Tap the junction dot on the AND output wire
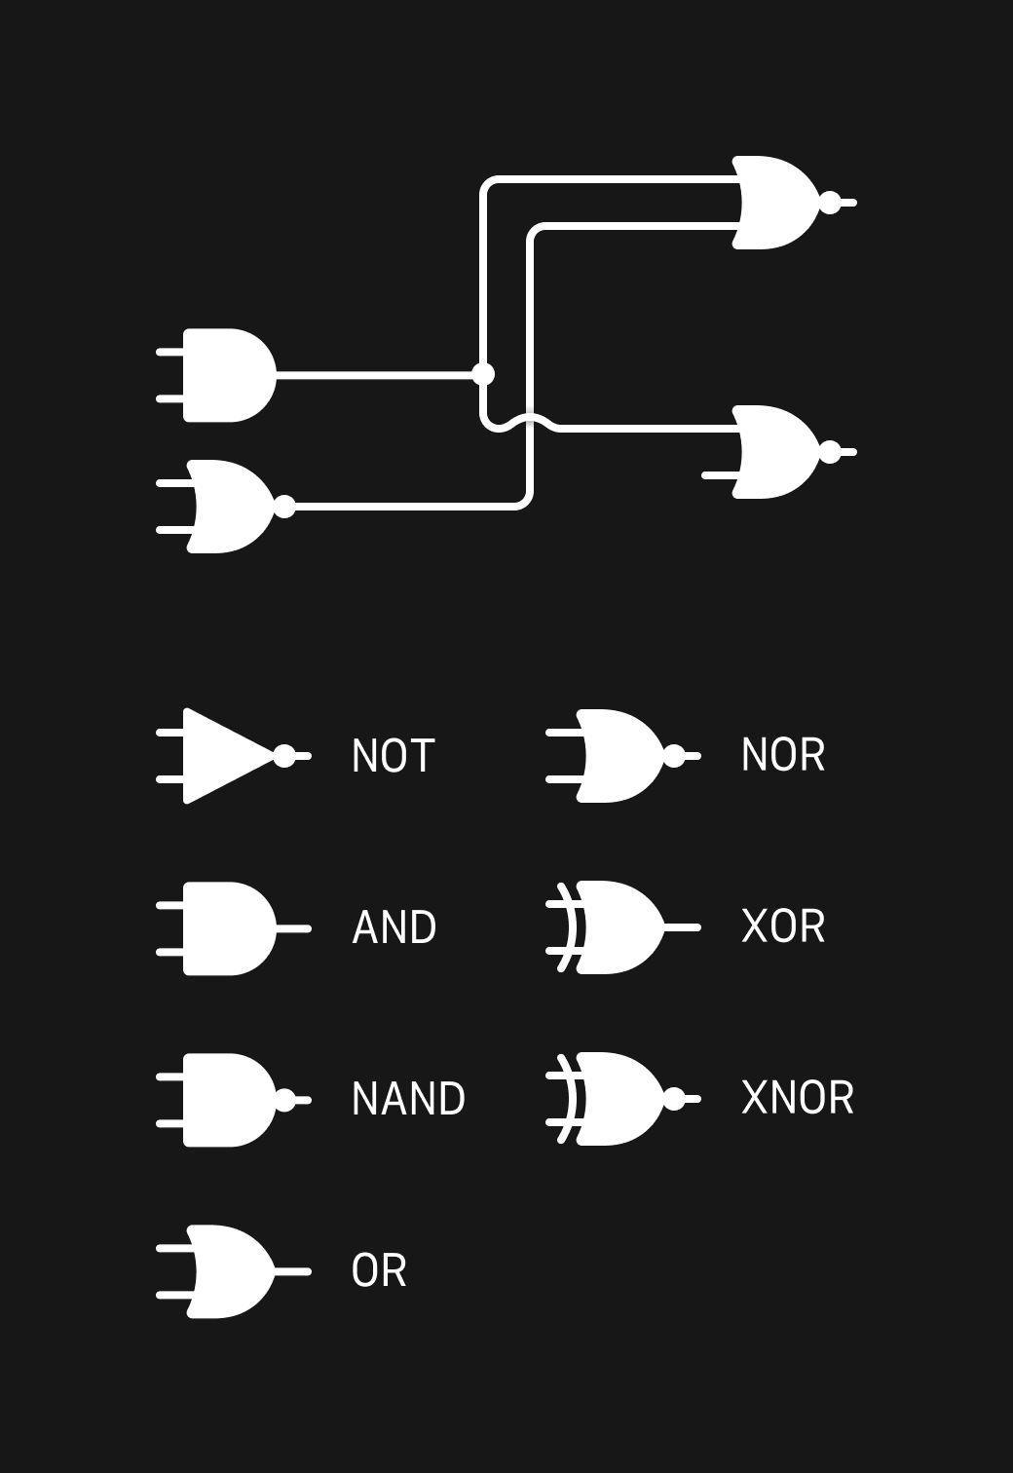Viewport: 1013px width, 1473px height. click(483, 374)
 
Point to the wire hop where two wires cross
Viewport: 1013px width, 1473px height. click(530, 421)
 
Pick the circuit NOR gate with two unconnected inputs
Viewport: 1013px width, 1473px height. click(232, 507)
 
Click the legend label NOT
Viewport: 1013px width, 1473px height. click(393, 756)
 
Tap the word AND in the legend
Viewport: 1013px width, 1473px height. click(394, 927)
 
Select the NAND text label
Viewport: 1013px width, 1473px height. click(408, 1099)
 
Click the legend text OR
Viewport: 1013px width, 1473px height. click(379, 1271)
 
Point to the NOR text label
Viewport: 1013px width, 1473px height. click(782, 755)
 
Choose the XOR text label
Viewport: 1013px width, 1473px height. click(782, 926)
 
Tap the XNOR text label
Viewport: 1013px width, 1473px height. click(797, 1098)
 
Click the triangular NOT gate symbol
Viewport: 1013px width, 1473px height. click(226, 756)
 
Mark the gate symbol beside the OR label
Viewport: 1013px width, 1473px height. click(232, 1271)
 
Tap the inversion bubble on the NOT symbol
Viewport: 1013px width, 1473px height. click(284, 756)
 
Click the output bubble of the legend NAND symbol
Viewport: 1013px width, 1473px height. click(284, 1100)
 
